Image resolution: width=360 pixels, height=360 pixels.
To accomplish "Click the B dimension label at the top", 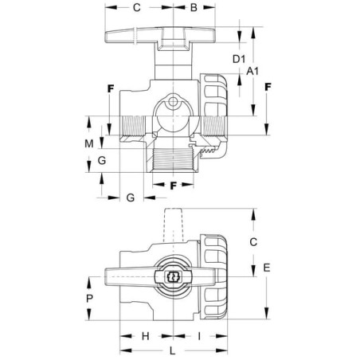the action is [x=194, y=7].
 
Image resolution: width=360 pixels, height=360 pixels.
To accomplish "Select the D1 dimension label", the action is [x=239, y=59].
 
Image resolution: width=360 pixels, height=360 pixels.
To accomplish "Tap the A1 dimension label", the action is [x=252, y=71].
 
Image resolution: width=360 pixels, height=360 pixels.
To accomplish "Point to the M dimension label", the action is [x=89, y=143].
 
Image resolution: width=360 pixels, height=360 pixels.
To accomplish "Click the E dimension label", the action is [x=267, y=268].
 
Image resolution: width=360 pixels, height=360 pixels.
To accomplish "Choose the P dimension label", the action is [x=89, y=299].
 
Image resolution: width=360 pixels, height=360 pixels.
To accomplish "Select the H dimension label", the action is [x=146, y=336].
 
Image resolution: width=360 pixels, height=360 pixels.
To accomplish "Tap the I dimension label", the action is [x=199, y=336].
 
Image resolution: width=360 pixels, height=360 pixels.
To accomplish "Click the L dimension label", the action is [x=173, y=351].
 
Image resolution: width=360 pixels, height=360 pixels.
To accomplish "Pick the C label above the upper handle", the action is [x=136, y=7].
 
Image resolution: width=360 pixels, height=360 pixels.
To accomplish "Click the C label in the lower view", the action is [x=253, y=242].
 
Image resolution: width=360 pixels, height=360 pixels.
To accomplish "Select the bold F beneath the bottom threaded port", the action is [x=173, y=186].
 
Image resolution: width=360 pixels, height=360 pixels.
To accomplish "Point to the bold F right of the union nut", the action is [x=268, y=87].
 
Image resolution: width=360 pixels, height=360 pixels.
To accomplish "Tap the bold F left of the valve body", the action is [x=111, y=88].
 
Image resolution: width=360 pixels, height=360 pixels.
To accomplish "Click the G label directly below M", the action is [x=102, y=160].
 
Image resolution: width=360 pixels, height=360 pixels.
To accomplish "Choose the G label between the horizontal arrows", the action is [x=131, y=198].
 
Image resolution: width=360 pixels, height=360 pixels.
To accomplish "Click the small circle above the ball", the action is [x=173, y=101].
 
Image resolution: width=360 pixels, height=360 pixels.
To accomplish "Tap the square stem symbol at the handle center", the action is [x=173, y=277].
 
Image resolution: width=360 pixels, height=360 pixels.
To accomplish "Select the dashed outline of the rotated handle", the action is [x=173, y=225].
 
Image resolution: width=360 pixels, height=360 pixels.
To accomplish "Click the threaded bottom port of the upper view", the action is [x=173, y=160].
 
